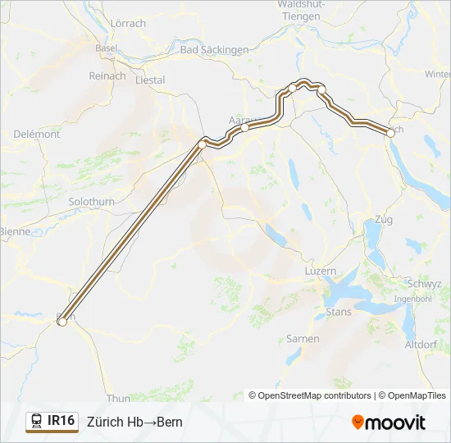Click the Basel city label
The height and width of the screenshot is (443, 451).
pyautogui.click(x=106, y=48)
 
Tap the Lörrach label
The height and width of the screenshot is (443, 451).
pyautogui.click(x=127, y=23)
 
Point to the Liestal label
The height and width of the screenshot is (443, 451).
pyautogui.click(x=149, y=80)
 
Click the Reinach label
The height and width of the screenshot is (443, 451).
pyautogui.click(x=107, y=75)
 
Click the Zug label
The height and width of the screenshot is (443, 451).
pyautogui.click(x=383, y=220)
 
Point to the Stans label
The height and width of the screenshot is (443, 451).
pyautogui.click(x=339, y=312)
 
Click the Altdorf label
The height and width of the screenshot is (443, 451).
pyautogui.click(x=421, y=345)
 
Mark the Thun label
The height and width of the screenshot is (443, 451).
pyautogui.click(x=118, y=399)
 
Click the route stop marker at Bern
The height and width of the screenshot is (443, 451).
pyautogui.click(x=61, y=322)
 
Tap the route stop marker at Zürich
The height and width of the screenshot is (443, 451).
pyautogui.click(x=389, y=130)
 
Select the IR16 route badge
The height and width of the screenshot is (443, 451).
pyautogui.click(x=52, y=422)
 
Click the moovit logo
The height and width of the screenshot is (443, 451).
pyautogui.click(x=389, y=422)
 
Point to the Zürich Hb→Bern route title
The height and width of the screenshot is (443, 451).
pyautogui.click(x=134, y=422)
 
